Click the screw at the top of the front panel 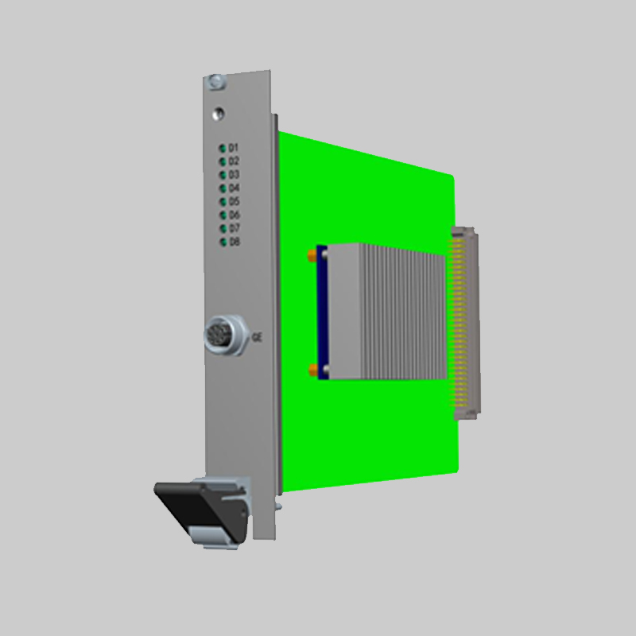(215, 81)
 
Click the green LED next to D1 (222, 148)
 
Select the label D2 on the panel (235, 161)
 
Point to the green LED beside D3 (222, 174)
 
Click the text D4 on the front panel (235, 188)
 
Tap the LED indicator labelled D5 (222, 201)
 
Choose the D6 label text (235, 215)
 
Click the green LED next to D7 (222, 228)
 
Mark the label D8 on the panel (235, 242)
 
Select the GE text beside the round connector (257, 337)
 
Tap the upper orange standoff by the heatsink (310, 256)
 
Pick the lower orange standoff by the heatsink (312, 369)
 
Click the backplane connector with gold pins (465, 322)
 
